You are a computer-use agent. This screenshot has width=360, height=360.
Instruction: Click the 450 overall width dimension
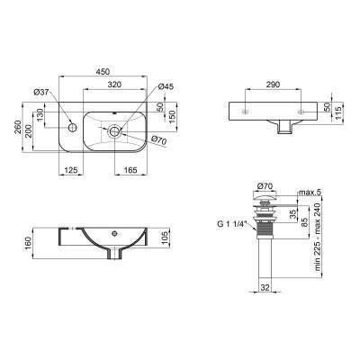pos(103,76)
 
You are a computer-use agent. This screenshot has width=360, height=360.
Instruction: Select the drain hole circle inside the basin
pos(114,130)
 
